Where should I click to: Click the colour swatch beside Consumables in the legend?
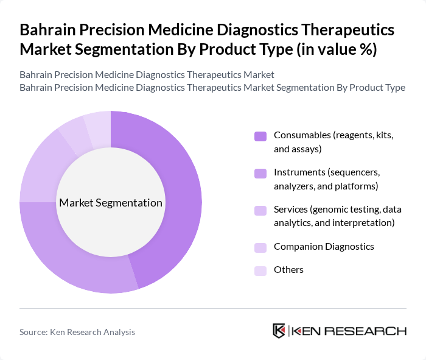click(260, 136)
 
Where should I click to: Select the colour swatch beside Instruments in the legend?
click(260, 174)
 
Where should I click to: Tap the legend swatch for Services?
click(260, 211)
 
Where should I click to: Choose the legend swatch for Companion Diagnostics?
click(260, 247)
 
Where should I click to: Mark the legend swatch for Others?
click(260, 270)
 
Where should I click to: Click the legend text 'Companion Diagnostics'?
click(324, 247)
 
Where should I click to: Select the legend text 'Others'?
click(288, 270)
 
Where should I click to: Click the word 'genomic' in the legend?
click(329, 210)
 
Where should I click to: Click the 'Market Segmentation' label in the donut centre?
click(111, 203)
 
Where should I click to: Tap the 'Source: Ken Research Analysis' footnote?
click(77, 332)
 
